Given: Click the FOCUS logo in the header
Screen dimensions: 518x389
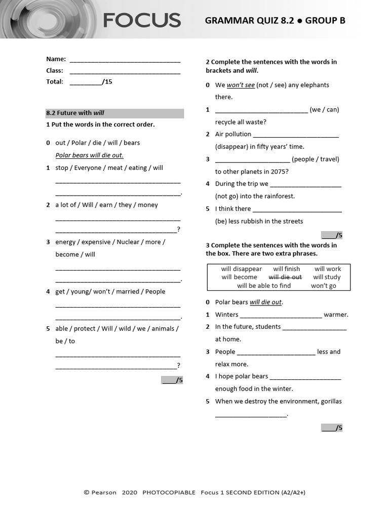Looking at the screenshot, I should (x=142, y=20).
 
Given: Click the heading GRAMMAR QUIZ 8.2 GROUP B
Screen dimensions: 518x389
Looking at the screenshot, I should (x=275, y=21).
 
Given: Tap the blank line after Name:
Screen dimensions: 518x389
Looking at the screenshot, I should (x=125, y=60).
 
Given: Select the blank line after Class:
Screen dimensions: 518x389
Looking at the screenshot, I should (x=125, y=72).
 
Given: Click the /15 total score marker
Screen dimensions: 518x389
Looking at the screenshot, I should (x=107, y=81).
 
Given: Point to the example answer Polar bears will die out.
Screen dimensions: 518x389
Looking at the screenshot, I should (x=89, y=155).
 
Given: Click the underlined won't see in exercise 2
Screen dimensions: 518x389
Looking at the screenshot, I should (x=241, y=85).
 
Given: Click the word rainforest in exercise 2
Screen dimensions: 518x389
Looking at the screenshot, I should (x=278, y=196).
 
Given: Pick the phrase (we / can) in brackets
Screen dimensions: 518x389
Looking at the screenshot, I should (x=324, y=109).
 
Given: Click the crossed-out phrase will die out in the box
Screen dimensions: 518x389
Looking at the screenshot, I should (x=285, y=277).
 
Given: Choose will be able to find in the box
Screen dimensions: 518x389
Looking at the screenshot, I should (x=264, y=286).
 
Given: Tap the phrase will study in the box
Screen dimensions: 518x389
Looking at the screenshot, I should (x=327, y=277).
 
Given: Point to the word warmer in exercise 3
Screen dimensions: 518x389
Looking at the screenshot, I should (x=336, y=315).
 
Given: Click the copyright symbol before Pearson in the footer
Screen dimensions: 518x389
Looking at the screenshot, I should (x=86, y=492).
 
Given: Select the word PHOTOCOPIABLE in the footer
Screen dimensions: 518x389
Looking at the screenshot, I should (x=169, y=492).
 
